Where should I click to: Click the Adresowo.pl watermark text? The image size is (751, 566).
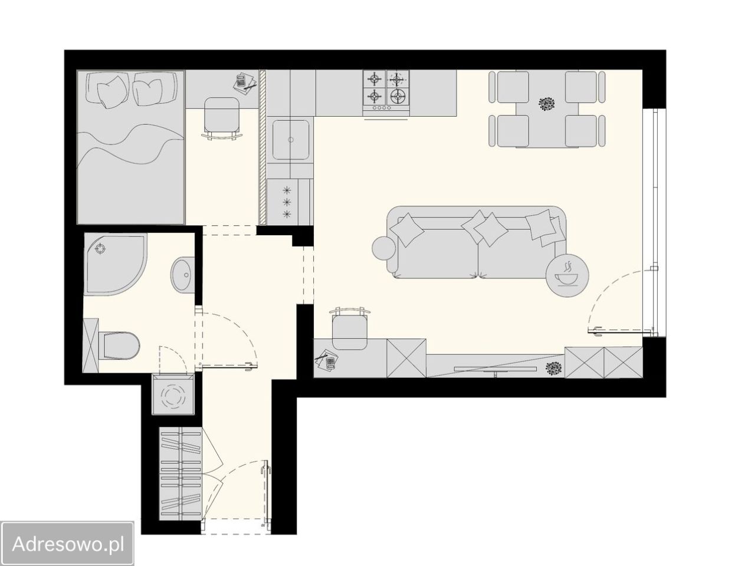click(x=68, y=544)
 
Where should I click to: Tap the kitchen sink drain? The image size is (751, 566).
click(x=291, y=140)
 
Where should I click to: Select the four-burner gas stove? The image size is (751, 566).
click(x=386, y=90)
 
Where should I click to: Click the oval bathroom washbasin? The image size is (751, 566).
click(x=183, y=275)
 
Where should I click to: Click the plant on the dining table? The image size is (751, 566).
click(x=547, y=104)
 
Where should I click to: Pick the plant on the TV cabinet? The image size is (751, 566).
click(x=553, y=369)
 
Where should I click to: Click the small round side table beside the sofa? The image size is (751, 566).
click(x=383, y=248)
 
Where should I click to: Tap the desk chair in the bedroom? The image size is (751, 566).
click(x=222, y=117)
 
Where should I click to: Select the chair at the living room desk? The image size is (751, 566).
click(x=349, y=328)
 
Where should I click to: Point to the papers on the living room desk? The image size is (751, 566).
click(x=326, y=360)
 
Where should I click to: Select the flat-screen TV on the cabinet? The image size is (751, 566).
click(x=495, y=370)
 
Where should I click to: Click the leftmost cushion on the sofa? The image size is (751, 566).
click(x=407, y=230)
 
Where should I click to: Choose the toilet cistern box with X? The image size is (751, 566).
click(x=91, y=345)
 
